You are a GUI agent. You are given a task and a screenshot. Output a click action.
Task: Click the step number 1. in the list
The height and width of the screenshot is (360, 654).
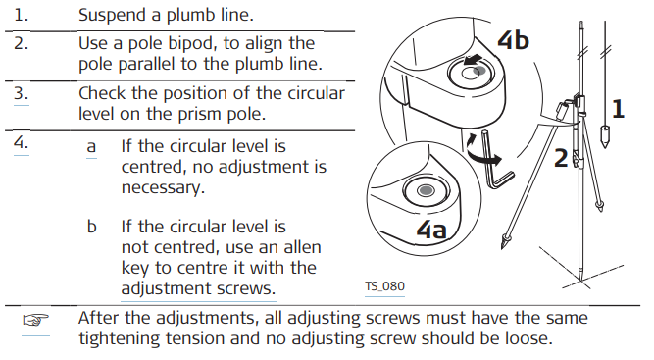[21, 15]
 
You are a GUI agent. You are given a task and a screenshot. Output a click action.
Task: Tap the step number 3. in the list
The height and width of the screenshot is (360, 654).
[22, 93]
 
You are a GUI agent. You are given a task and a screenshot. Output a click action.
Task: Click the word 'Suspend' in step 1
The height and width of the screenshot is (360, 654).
[113, 16]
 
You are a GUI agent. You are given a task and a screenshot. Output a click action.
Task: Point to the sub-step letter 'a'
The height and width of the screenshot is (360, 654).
[91, 147]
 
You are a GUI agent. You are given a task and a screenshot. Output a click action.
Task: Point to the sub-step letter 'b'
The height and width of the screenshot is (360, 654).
[92, 227]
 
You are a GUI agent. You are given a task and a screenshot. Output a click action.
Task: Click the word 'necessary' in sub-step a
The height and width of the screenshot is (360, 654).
[163, 187]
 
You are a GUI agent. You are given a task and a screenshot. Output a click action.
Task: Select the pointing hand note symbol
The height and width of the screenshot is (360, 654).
[35, 321]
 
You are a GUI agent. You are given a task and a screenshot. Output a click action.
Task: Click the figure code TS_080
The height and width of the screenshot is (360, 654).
[384, 286]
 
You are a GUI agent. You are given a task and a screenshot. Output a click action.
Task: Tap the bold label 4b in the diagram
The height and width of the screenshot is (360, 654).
[513, 40]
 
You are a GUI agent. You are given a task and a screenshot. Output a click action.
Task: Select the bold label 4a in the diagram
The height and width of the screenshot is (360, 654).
[431, 230]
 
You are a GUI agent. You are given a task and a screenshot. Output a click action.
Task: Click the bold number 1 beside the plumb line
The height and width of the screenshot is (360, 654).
[618, 109]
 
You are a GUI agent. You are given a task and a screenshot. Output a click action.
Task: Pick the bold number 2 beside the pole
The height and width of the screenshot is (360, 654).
[561, 158]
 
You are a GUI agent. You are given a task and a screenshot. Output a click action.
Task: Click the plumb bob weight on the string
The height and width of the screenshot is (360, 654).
[604, 135]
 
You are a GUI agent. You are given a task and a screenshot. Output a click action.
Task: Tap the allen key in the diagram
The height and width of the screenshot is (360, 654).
[496, 163]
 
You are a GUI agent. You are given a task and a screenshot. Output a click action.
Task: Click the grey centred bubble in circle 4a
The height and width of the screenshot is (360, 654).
[426, 190]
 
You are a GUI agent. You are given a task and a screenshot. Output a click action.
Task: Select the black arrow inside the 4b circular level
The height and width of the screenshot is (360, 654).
[473, 60]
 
